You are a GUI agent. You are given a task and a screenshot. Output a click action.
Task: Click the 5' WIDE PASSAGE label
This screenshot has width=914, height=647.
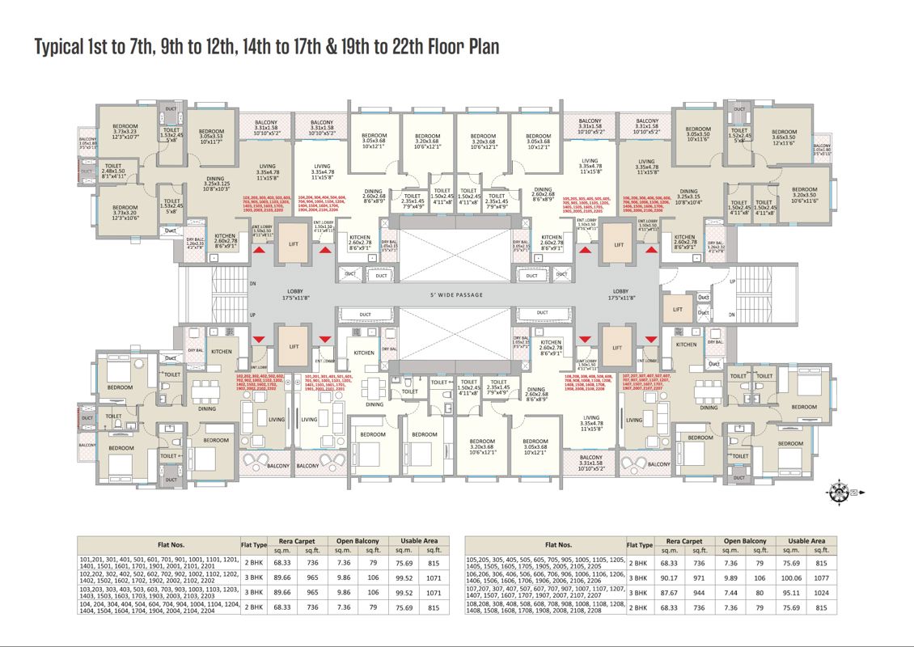point(456,295)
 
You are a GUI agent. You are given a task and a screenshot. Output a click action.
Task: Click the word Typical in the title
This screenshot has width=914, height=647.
point(64,48)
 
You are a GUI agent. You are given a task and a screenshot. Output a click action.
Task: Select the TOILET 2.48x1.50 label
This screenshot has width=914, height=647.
point(113,169)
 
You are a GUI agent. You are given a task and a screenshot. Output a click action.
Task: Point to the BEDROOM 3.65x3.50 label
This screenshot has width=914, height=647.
point(783,137)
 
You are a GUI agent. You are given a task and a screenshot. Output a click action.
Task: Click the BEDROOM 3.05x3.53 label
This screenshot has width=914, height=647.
point(211,137)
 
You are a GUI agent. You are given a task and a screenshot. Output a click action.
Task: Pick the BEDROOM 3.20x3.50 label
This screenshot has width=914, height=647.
point(804,195)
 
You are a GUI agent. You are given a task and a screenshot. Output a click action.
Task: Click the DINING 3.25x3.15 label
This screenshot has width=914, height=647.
point(688,197)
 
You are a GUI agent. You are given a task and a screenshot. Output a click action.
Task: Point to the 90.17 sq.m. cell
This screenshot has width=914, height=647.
point(669,577)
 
